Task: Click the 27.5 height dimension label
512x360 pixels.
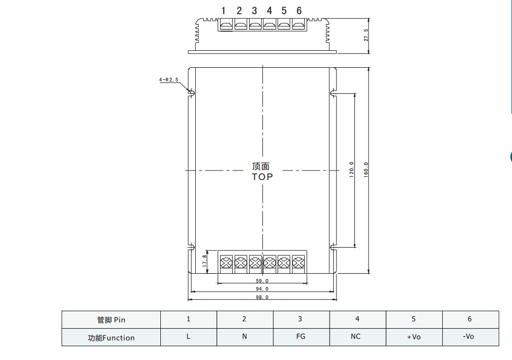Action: [366, 35]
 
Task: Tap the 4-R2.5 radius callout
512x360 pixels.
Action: [169, 79]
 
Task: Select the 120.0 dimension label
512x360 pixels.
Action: [352, 169]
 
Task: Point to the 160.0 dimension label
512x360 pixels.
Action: [365, 170]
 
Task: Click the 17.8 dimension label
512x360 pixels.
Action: [205, 261]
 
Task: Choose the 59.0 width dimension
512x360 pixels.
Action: [262, 281]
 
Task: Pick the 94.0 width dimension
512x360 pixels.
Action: [262, 289]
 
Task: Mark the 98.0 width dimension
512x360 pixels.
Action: [262, 297]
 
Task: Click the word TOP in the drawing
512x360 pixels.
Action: [262, 177]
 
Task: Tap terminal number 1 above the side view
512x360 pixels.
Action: [223, 11]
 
